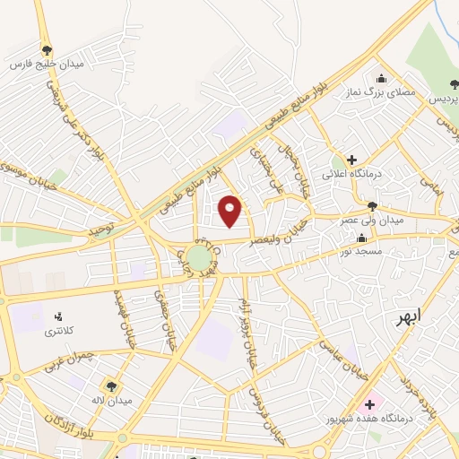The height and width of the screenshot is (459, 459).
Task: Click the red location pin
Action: (230, 211)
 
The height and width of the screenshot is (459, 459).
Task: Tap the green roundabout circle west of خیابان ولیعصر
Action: (199, 259)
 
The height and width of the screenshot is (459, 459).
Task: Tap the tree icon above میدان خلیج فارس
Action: (47, 49)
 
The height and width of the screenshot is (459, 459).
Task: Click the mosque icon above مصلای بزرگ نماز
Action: (382, 78)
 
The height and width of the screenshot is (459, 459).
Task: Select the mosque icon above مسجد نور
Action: (361, 238)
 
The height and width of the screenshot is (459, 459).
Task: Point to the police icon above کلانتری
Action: (59, 316)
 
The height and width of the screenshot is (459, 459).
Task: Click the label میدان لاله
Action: (110, 400)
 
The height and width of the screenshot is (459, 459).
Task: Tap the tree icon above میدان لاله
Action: (111, 385)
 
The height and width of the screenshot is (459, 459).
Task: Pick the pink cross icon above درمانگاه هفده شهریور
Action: (370, 404)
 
